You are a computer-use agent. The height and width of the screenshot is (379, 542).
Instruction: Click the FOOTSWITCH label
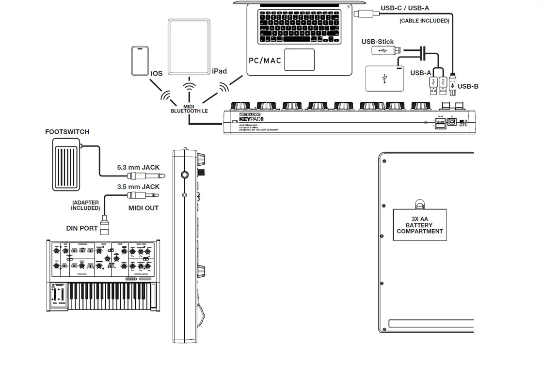tap(67, 132)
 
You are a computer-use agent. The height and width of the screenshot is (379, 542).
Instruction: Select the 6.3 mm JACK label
tap(138, 168)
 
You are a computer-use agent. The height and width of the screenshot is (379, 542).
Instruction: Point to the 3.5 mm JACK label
tap(138, 187)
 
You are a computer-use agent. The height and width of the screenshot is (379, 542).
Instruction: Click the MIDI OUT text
tap(143, 208)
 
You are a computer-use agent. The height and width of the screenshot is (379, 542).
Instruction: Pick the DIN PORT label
tap(82, 228)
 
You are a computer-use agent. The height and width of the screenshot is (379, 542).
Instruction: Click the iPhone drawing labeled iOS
tap(140, 61)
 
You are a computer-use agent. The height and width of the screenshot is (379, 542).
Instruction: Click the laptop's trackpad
tap(299, 60)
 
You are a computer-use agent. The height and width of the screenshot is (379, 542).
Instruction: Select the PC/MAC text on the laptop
tap(265, 61)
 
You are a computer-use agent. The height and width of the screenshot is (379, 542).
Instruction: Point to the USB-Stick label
tap(378, 42)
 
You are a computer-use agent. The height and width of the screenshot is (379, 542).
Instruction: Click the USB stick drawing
tap(386, 50)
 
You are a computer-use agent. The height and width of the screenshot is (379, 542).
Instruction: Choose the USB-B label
tap(468, 86)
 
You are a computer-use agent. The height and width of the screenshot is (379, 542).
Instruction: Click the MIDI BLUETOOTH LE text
tap(189, 109)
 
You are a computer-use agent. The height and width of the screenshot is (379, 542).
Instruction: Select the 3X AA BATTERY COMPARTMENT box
tap(419, 225)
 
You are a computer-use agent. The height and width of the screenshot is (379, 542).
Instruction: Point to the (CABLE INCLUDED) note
tap(424, 21)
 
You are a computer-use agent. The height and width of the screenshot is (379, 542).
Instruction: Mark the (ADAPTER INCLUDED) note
tap(85, 205)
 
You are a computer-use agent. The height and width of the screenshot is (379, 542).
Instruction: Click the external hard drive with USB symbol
tap(384, 79)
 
